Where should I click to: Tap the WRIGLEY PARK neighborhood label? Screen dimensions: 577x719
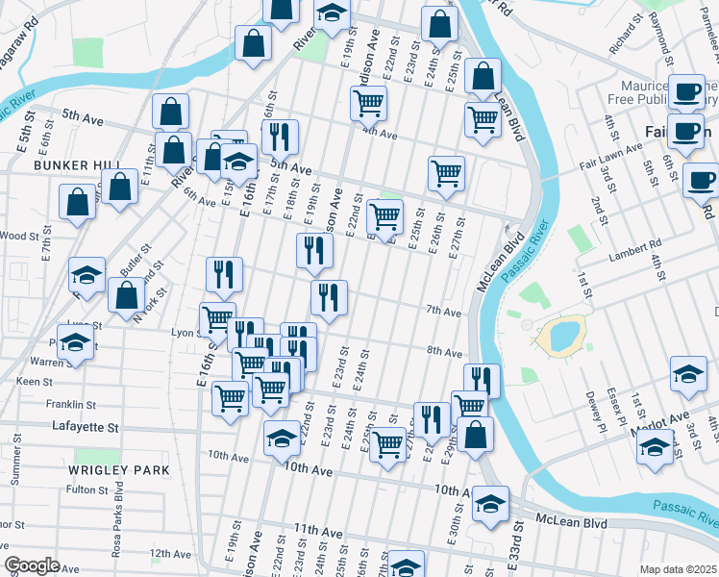(x=119, y=470)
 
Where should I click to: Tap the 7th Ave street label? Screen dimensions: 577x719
(x=444, y=312)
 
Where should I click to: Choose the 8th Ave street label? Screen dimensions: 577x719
(x=445, y=352)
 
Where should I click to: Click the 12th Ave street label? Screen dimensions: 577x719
(x=170, y=554)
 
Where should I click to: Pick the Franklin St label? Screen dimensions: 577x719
(x=70, y=405)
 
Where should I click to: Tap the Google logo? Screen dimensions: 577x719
(x=33, y=564)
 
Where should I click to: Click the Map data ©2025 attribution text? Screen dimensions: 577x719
(x=678, y=569)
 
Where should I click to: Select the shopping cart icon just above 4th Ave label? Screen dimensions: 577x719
(x=368, y=102)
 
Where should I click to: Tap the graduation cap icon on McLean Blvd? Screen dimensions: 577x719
(x=490, y=504)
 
